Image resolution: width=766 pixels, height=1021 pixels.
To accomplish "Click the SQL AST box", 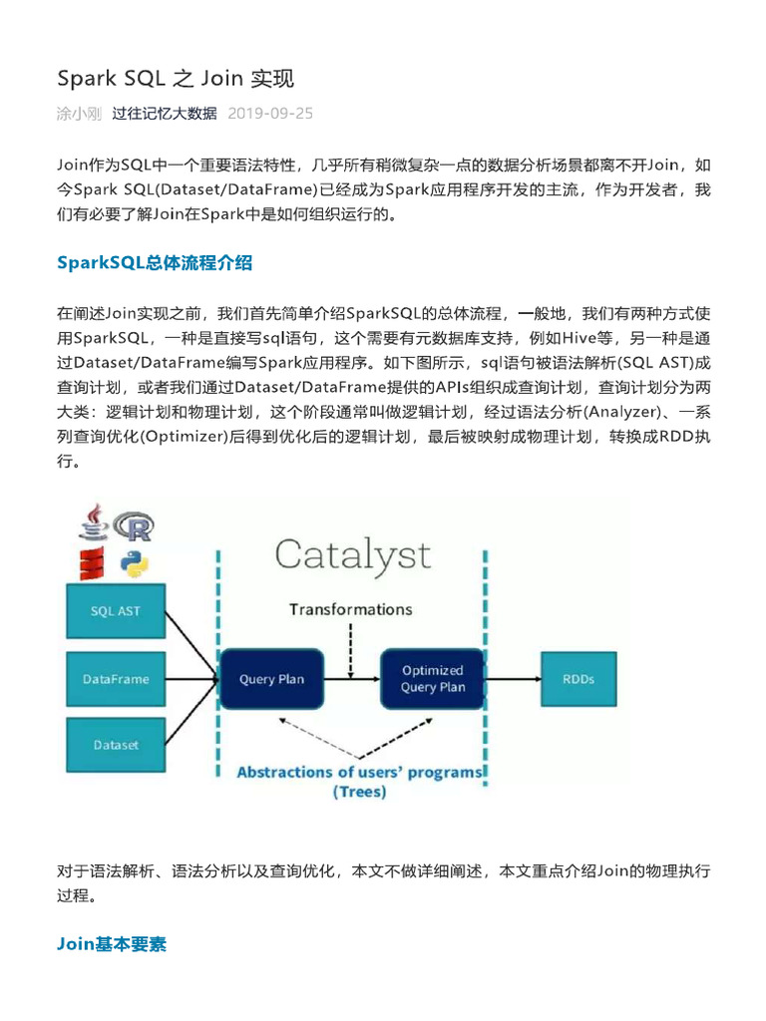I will coord(116,610).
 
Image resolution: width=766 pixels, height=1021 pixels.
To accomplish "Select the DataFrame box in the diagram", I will coord(116,679).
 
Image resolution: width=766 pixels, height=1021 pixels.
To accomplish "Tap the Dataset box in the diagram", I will coord(116,745).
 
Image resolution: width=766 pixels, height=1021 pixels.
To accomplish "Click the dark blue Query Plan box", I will coord(271,679).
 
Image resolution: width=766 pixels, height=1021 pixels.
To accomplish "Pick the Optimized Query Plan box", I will coord(432,679).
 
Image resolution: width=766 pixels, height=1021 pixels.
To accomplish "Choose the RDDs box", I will coord(578,679).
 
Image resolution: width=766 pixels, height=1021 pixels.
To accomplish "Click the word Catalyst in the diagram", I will coord(352,555).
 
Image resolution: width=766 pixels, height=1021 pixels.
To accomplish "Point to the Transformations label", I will coord(350,608).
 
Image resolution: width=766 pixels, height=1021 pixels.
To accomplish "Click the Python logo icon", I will coord(135,564).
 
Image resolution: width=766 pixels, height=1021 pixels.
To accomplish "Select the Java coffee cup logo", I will coord(94,523).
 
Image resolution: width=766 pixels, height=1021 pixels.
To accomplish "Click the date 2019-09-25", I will coord(270,113).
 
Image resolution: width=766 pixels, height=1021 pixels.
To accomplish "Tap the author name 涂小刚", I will coord(79,113).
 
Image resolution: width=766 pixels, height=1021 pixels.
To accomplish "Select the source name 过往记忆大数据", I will coord(165,113).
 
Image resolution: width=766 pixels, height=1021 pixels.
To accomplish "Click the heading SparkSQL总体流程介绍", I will coord(155,263).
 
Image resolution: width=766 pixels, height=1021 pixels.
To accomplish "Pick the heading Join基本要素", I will coord(112,943).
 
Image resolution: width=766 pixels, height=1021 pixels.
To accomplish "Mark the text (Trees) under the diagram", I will coord(359,793).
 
